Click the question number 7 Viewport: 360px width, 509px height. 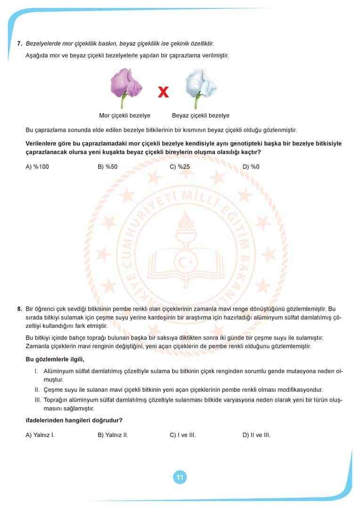click(19, 43)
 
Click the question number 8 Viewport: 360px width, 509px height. click(19, 309)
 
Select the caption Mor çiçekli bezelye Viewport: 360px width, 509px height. click(125, 115)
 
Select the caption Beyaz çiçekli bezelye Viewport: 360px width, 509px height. click(200, 115)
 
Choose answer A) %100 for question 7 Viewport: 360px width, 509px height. click(37, 166)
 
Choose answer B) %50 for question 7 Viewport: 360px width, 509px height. click(107, 166)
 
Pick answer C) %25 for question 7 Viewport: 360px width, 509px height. click(180, 166)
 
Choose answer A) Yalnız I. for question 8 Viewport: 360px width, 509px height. click(40, 435)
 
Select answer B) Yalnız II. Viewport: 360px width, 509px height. click(113, 435)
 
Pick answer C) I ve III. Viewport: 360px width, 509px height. click(182, 435)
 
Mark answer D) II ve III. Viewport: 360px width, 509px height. click(256, 435)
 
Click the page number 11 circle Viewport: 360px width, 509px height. click(180, 477)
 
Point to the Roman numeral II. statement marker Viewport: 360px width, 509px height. click(37, 390)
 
